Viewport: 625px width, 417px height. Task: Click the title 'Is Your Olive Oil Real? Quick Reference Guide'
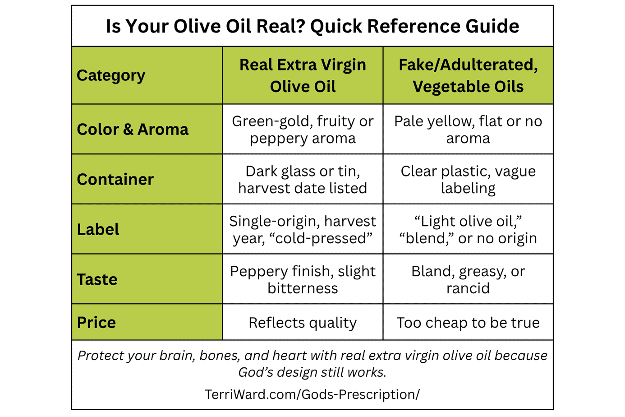pyautogui.click(x=312, y=26)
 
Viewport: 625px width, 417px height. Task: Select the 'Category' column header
pyautogui.click(x=111, y=75)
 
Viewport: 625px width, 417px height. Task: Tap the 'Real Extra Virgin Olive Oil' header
pyautogui.click(x=303, y=75)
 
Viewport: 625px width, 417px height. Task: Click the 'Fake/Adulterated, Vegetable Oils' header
pyautogui.click(x=468, y=75)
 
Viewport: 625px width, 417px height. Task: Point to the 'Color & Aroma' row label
pyautogui.click(x=133, y=130)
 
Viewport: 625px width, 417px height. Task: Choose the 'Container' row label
pyautogui.click(x=115, y=180)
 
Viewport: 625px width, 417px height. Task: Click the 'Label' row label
pyautogui.click(x=98, y=230)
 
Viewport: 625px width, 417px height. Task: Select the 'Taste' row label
pyautogui.click(x=97, y=280)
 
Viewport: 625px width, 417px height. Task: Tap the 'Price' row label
pyautogui.click(x=96, y=323)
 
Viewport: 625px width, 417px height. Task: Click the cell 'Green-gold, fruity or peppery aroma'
pyautogui.click(x=303, y=130)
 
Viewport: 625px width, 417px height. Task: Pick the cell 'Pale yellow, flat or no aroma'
pyautogui.click(x=468, y=130)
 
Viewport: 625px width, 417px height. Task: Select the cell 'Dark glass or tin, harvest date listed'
pyautogui.click(x=303, y=180)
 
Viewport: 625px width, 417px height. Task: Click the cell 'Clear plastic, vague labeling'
pyautogui.click(x=468, y=180)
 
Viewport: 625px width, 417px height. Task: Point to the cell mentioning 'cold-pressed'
pyautogui.click(x=303, y=230)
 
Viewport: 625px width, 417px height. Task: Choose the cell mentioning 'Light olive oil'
pyautogui.click(x=468, y=230)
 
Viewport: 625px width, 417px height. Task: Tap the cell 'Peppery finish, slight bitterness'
pyautogui.click(x=303, y=280)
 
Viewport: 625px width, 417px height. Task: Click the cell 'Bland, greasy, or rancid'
pyautogui.click(x=468, y=280)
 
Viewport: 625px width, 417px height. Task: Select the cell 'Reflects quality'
pyautogui.click(x=303, y=323)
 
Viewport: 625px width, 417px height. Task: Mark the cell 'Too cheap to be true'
pyautogui.click(x=468, y=323)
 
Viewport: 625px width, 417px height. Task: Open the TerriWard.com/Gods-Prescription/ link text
pyautogui.click(x=312, y=394)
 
